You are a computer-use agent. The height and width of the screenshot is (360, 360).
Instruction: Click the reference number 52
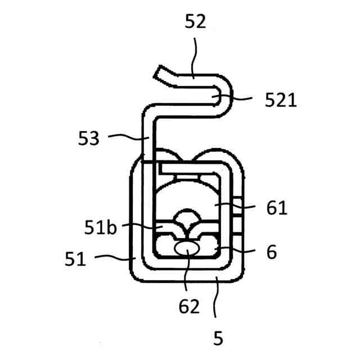tap(195, 22)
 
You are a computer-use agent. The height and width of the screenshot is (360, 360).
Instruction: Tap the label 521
tap(280, 101)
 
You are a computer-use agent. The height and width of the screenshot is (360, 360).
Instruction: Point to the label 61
tap(277, 209)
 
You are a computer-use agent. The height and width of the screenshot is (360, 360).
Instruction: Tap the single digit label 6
tap(272, 253)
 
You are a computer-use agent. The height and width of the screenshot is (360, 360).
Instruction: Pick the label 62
tap(190, 307)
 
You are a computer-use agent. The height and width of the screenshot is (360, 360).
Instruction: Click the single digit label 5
tap(218, 338)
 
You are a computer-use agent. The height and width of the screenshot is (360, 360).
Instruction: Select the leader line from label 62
tap(188, 276)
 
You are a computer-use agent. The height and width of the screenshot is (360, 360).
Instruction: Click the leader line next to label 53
tap(127, 137)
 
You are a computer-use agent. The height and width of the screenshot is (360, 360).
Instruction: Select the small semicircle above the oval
tap(188, 217)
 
